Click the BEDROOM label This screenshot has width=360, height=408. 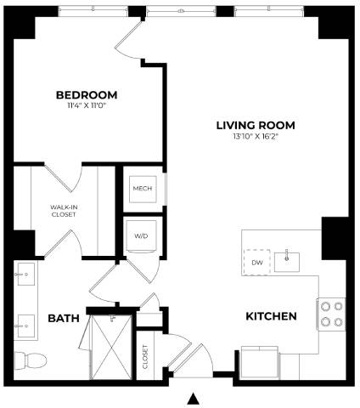(86, 94)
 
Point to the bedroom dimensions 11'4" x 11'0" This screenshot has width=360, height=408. (86, 106)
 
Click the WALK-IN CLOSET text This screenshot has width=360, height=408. (63, 210)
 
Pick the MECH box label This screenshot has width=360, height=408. (142, 189)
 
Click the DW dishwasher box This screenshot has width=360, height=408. (257, 263)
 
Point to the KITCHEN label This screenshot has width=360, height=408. (271, 317)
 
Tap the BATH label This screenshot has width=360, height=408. (63, 319)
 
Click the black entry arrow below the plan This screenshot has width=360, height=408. (194, 398)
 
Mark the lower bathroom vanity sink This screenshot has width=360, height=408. (24, 322)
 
